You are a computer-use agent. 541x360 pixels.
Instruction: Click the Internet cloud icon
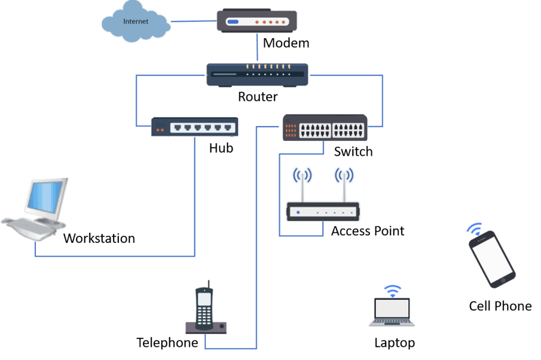(x=136, y=22)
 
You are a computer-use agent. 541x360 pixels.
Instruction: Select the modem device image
(x=256, y=22)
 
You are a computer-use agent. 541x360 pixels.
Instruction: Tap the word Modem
(x=286, y=43)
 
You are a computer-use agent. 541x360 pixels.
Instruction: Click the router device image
(x=257, y=75)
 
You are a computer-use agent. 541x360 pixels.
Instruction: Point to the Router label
(x=258, y=97)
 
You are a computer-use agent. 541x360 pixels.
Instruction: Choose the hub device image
(x=194, y=127)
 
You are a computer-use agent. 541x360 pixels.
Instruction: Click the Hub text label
(x=221, y=148)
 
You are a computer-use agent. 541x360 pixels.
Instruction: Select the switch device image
(x=323, y=127)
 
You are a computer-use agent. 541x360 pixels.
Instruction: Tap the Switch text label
(x=353, y=152)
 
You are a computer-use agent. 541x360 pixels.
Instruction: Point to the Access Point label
(x=368, y=231)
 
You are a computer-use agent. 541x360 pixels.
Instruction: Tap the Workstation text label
(x=99, y=239)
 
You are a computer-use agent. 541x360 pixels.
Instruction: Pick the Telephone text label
(x=167, y=343)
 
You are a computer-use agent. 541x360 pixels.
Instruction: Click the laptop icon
(x=392, y=311)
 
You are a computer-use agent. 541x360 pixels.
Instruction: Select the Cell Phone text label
(x=500, y=306)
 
